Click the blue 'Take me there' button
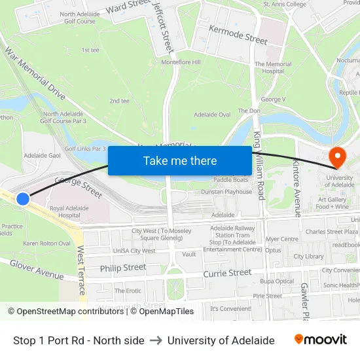coord(180,160)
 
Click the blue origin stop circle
coord(23,198)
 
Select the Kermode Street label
coord(238,35)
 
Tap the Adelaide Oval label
coord(212,115)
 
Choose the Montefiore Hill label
coord(181,62)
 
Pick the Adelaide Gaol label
coord(42,156)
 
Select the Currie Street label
coord(227,272)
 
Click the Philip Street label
coord(123,267)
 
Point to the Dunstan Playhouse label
coord(226,192)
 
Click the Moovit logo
coord(320,340)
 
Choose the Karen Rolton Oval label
coord(46,243)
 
